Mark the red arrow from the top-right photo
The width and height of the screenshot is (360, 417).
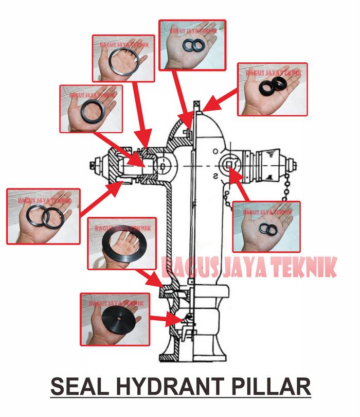click(x=219, y=102)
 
